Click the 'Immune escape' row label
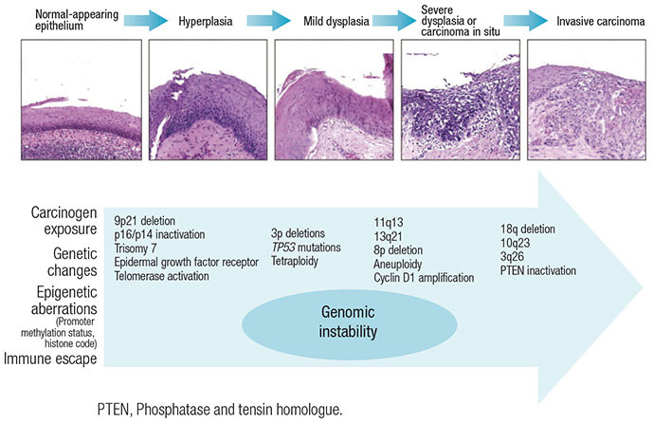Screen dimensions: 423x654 (53, 357)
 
